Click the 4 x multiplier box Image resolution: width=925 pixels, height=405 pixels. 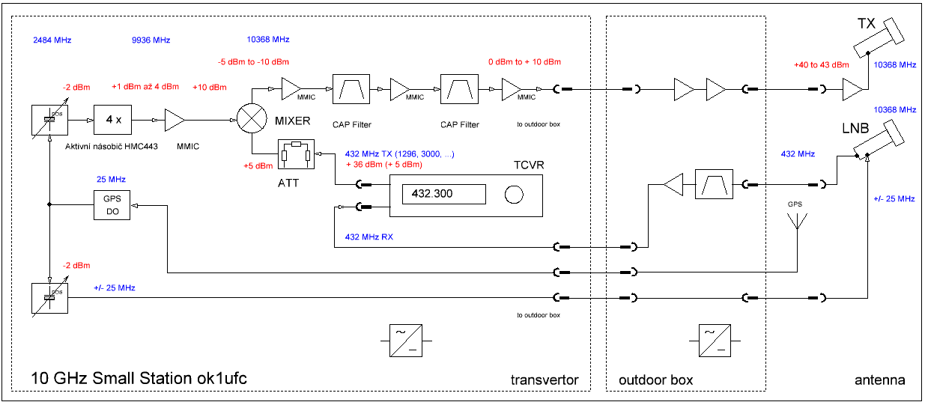click(x=113, y=119)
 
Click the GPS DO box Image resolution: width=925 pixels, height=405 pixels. click(x=112, y=204)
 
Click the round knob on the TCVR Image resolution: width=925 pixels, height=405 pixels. click(x=513, y=195)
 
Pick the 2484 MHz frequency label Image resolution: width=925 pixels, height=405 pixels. click(x=52, y=40)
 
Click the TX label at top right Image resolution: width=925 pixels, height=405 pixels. click(x=867, y=24)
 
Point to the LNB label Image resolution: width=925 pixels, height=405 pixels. click(x=854, y=128)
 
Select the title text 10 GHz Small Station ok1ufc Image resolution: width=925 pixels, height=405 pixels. click(x=139, y=379)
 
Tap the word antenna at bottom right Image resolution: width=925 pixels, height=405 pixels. click(x=879, y=380)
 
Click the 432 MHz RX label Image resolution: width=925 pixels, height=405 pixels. click(x=369, y=237)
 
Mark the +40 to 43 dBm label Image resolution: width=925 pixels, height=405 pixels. click(x=821, y=64)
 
